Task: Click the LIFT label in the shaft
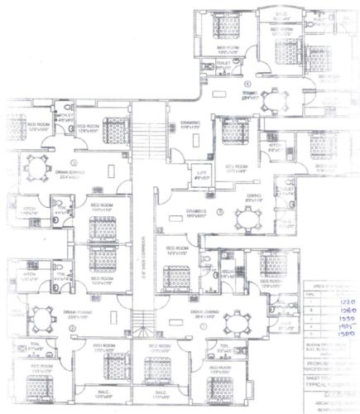(201, 173)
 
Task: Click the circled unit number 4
(247, 84)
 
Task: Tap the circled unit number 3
(219, 213)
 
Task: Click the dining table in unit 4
(271, 100)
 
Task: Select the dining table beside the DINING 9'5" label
(246, 219)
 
